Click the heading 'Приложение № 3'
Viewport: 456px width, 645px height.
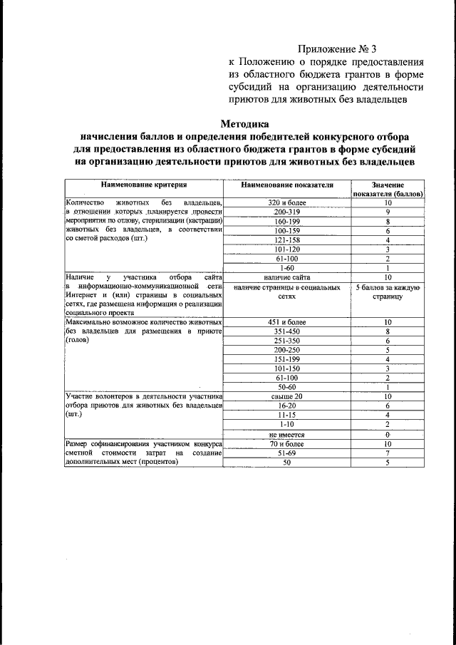(336, 49)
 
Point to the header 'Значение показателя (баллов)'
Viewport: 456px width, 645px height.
(388, 190)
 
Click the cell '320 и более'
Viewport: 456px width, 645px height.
(287, 202)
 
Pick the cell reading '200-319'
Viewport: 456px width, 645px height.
(287, 212)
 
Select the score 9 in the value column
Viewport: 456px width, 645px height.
(388, 212)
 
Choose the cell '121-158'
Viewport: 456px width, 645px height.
(287, 240)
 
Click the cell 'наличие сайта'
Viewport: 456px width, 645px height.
(287, 277)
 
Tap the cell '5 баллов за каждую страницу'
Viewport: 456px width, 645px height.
(388, 291)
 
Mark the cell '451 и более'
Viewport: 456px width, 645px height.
(287, 322)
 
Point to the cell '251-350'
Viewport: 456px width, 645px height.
(287, 341)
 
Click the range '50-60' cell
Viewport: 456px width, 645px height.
(287, 387)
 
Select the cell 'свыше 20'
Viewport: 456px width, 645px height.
(287, 396)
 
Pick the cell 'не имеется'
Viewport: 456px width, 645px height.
(287, 433)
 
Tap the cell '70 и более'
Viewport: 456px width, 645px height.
(287, 443)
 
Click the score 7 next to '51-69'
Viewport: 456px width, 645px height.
(388, 453)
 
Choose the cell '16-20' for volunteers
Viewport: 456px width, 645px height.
(287, 406)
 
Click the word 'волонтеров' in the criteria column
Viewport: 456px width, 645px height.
(121, 396)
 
